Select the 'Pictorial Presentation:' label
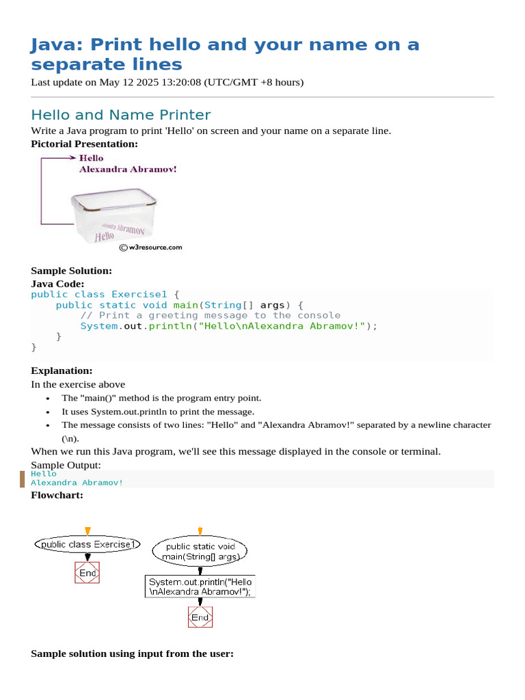(x=84, y=144)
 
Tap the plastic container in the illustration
(x=115, y=215)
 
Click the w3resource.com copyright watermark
(x=150, y=247)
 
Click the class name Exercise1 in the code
(x=139, y=295)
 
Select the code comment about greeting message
(x=210, y=315)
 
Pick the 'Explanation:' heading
(x=62, y=371)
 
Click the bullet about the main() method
(x=161, y=398)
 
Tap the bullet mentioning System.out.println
(x=158, y=412)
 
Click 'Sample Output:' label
(x=66, y=465)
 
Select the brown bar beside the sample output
(x=23, y=479)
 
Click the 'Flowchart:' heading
(x=57, y=495)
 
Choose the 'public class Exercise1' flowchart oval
(x=87, y=545)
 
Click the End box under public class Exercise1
(x=87, y=573)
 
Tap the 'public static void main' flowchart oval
(x=200, y=551)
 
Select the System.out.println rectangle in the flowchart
(x=200, y=587)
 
